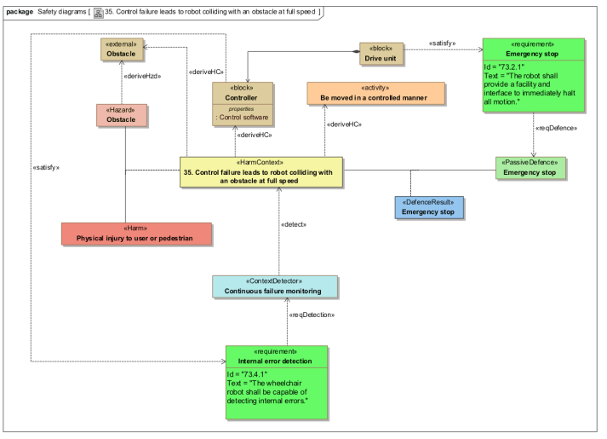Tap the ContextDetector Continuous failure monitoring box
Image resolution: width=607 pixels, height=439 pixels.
(275, 286)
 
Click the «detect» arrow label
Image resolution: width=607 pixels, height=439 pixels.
(293, 223)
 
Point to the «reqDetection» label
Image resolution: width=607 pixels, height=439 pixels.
(312, 315)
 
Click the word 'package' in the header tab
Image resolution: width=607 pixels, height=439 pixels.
(18, 12)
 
